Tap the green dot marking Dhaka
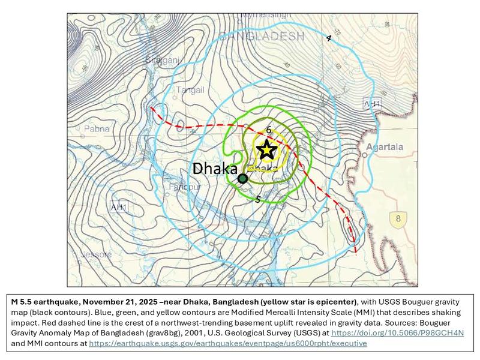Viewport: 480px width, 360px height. [x=242, y=178]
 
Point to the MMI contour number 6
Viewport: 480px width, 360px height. [x=269, y=130]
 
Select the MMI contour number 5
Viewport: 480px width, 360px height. [x=258, y=199]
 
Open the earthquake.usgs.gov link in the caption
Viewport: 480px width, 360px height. [x=227, y=343]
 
